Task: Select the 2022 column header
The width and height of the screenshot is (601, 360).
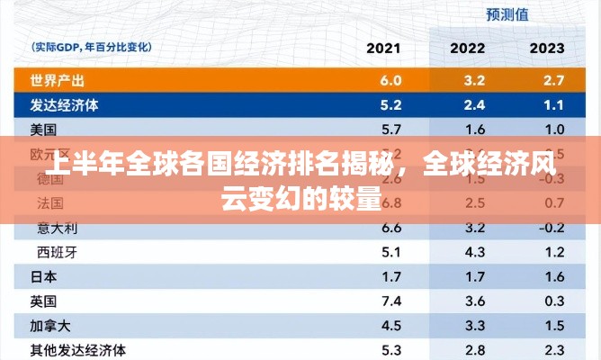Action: tap(468, 48)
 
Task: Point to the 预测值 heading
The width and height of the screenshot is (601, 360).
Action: tap(507, 13)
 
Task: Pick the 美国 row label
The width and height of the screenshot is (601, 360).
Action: tap(43, 129)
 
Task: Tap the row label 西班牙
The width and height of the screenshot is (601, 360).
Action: tap(57, 251)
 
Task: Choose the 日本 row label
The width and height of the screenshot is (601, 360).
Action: tap(43, 275)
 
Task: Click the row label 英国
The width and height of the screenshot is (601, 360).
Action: tap(43, 300)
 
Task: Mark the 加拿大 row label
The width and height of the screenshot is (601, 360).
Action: tap(49, 324)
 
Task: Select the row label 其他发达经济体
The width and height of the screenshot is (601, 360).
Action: tap(77, 349)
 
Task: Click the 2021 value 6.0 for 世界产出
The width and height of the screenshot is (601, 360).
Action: tap(390, 80)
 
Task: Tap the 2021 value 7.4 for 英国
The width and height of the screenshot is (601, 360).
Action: tap(390, 300)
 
